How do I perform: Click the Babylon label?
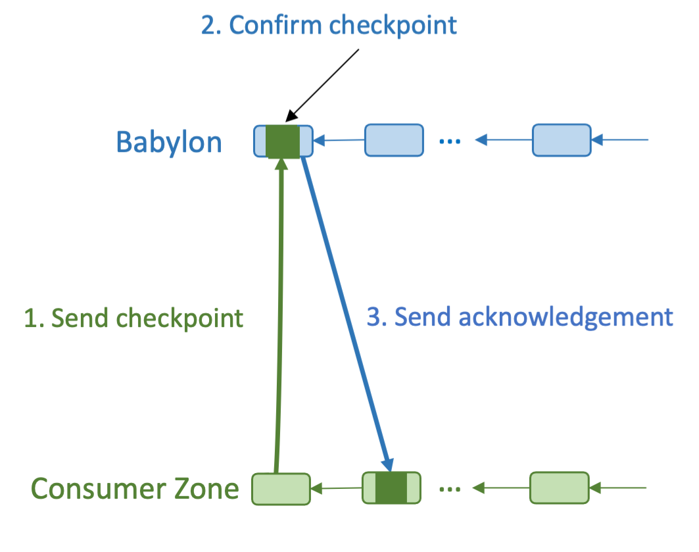click(x=169, y=142)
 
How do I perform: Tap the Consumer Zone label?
click(x=135, y=489)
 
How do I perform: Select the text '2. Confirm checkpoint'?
click(x=329, y=25)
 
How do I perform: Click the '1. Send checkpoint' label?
click(x=133, y=318)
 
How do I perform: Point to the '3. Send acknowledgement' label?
click(x=519, y=316)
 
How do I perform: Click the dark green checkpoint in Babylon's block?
click(x=283, y=141)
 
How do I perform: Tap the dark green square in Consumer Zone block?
click(x=391, y=488)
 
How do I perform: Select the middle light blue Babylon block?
click(x=394, y=140)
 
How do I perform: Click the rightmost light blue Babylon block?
click(x=561, y=140)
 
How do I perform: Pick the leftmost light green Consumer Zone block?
click(x=281, y=489)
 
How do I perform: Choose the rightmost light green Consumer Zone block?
click(x=559, y=488)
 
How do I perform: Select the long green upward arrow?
click(x=279, y=316)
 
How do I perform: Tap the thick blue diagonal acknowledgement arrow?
click(x=347, y=316)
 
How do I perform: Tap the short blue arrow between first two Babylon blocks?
click(x=339, y=140)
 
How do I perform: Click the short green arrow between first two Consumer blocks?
click(x=336, y=489)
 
